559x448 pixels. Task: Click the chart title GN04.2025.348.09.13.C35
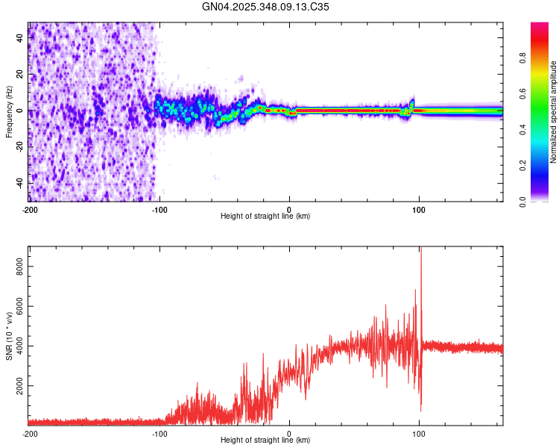266,7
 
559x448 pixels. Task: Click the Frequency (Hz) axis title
9,111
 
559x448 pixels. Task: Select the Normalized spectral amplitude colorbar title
554,111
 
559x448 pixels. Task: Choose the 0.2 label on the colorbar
523,166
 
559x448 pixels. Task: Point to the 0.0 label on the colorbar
523,201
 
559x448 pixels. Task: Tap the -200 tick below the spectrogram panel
30,208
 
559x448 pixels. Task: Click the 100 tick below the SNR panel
419,433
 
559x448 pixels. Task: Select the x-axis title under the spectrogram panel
265,216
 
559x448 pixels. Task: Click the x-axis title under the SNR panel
265,441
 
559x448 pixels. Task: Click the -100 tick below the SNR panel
159,433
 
